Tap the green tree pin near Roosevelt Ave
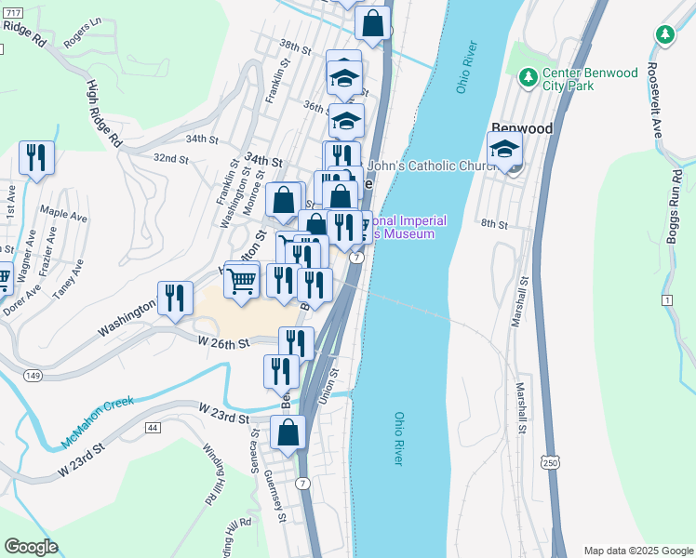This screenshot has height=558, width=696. [x=664, y=35]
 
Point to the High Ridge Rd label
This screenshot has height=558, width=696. [x=104, y=113]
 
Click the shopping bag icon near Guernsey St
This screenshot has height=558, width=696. [x=288, y=432]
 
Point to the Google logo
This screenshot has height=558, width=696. [x=31, y=547]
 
